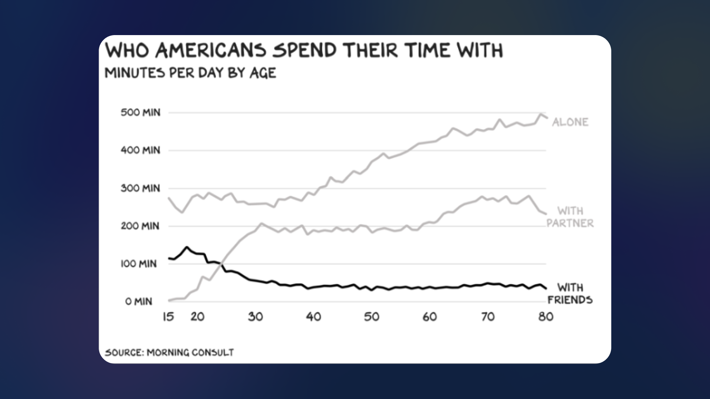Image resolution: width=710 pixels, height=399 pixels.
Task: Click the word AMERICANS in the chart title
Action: coord(210,51)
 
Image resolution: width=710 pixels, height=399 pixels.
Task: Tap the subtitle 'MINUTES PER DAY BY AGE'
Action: coord(190,73)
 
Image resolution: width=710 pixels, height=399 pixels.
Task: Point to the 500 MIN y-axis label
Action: coord(141,112)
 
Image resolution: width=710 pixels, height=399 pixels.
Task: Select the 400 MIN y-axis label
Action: coord(141,150)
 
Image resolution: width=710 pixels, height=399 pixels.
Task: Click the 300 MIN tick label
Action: coord(141,188)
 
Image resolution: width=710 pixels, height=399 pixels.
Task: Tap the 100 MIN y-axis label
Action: coord(139,264)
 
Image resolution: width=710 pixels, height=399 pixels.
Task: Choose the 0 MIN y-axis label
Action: coord(139,301)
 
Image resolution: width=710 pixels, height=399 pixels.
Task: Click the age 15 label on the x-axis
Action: coord(168,317)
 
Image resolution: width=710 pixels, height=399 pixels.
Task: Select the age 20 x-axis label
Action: coord(197,317)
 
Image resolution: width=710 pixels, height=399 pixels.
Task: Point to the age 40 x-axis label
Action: coord(314,317)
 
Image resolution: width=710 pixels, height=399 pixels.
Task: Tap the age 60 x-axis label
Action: coord(430,317)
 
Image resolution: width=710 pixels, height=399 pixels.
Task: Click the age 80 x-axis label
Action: coord(546,317)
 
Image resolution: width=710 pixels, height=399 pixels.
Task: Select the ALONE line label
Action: coord(570,122)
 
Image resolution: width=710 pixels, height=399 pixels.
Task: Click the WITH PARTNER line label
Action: coord(570,217)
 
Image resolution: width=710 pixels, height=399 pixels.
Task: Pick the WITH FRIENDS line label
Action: coord(570,293)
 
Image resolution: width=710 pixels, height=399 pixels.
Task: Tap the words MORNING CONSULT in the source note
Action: coord(190,352)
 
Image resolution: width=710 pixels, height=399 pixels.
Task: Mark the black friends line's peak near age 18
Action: coord(186,247)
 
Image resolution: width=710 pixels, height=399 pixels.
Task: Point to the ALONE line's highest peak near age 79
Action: coord(541,114)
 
